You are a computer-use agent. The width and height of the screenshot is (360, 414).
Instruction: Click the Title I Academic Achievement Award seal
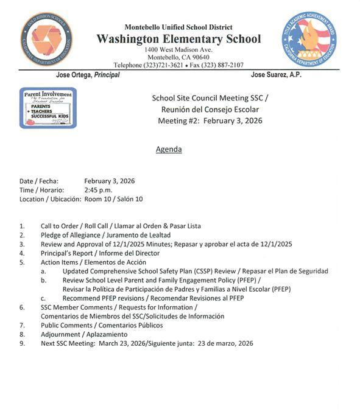tap(309, 40)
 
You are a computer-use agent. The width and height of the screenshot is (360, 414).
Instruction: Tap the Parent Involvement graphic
tap(48, 108)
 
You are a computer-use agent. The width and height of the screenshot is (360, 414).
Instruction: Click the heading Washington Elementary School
tap(178, 39)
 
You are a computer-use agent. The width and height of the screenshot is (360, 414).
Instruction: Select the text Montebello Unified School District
tap(178, 27)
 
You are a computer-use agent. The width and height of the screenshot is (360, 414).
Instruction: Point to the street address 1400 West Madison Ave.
tap(178, 49)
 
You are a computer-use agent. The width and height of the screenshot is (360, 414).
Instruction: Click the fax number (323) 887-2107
tap(220, 65)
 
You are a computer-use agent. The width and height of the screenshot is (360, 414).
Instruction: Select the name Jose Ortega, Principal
tap(88, 75)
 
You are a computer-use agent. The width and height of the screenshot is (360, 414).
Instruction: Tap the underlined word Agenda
tap(169, 149)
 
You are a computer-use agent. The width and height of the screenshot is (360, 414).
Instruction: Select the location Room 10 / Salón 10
tap(113, 199)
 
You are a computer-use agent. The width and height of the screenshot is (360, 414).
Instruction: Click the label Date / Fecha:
tap(40, 181)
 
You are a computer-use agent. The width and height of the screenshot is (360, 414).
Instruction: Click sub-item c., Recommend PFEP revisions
tap(153, 298)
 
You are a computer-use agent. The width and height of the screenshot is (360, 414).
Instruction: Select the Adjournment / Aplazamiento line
tap(84, 334)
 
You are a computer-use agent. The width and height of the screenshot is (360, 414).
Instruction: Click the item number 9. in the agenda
tap(22, 343)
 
